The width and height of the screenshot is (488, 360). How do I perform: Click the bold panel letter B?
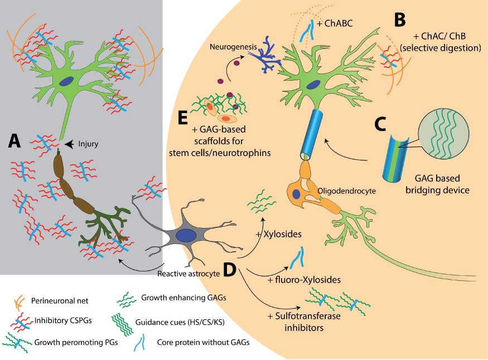tap(399, 20)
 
